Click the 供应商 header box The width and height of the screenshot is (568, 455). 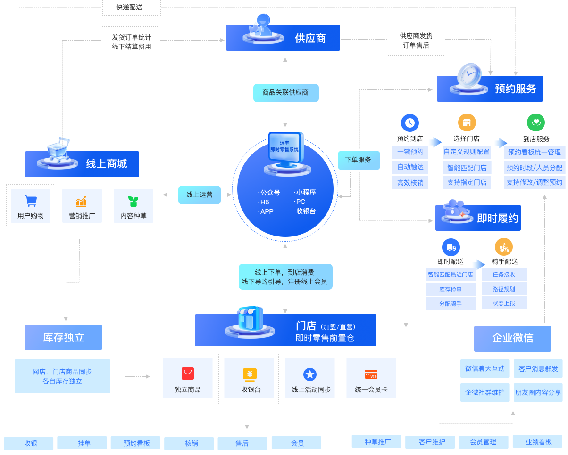click(283, 38)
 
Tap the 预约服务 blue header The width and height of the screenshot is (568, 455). click(490, 89)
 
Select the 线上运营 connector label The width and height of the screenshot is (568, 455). click(199, 195)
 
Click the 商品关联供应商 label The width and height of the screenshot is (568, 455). click(285, 93)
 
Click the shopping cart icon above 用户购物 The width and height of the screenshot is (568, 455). click(31, 201)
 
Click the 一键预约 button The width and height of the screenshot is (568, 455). click(410, 152)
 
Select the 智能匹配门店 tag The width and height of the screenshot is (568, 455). click(467, 167)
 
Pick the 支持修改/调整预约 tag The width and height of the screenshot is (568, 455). click(534, 182)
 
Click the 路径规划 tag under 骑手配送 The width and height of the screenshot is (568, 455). click(503, 289)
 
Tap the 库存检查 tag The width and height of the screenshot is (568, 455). click(450, 289)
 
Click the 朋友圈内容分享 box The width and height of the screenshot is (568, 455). click(538, 392)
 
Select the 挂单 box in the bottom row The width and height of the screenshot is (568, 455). click(84, 443)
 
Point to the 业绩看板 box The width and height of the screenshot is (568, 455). click(538, 442)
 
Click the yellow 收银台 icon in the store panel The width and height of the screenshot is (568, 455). click(250, 374)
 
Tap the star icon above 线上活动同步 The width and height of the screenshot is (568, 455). click(310, 374)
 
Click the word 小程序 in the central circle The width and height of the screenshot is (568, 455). click(306, 192)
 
